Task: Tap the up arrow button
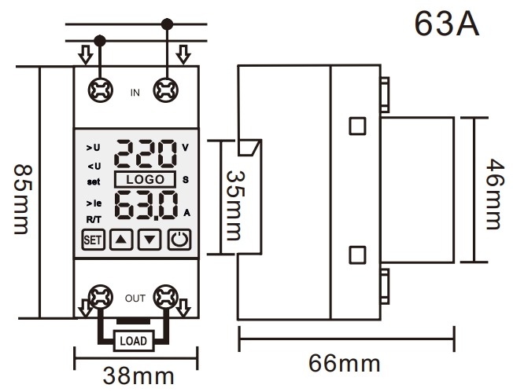tap(121, 240)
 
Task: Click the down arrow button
tap(151, 240)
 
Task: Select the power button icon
tap(180, 240)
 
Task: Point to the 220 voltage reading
tap(146, 154)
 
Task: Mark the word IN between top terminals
tap(135, 93)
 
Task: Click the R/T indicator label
tap(92, 219)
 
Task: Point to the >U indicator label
tap(93, 147)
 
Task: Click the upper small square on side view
tap(357, 125)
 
